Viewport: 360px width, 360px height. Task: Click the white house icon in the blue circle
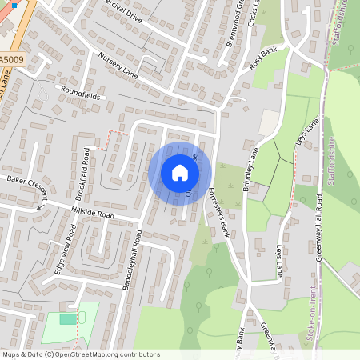click(x=180, y=172)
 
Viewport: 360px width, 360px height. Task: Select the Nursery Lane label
click(x=118, y=65)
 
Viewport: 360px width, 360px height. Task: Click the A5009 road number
click(x=11, y=60)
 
